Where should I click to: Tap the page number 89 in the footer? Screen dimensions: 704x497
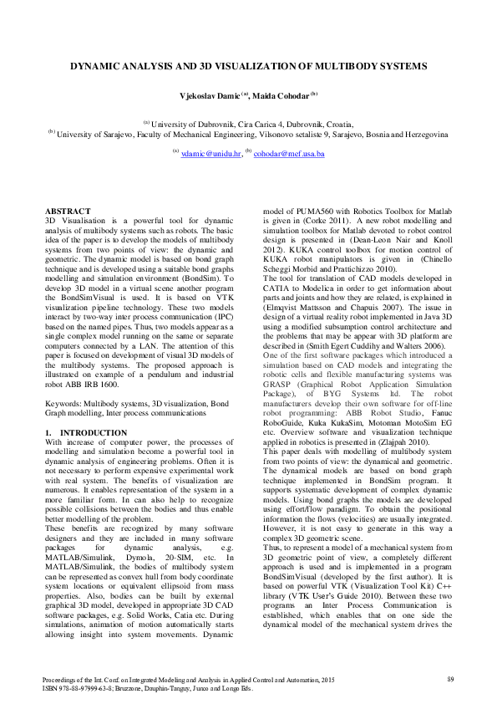point(449,678)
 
